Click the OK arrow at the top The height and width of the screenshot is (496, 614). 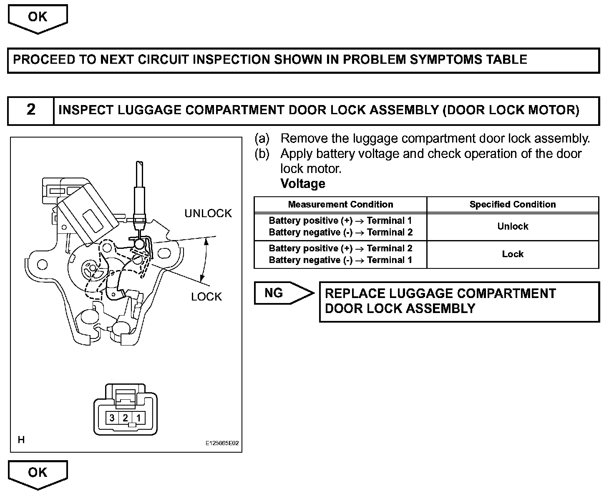pyautogui.click(x=38, y=18)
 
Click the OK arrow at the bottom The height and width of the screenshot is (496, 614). pyautogui.click(x=38, y=473)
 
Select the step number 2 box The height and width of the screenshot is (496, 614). pyautogui.click(x=31, y=110)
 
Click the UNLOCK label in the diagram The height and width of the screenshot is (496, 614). pyautogui.click(x=208, y=213)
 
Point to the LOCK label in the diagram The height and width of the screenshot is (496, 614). pyautogui.click(x=206, y=297)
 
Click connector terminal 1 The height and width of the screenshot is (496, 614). pyautogui.click(x=138, y=418)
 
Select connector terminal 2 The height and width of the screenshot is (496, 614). pyautogui.click(x=125, y=418)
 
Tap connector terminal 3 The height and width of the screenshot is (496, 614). pyautogui.click(x=112, y=418)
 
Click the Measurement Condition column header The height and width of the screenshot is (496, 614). pyautogui.click(x=340, y=205)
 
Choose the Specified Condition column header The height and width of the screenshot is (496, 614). pyautogui.click(x=513, y=205)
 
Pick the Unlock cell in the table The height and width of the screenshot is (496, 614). pyautogui.click(x=513, y=226)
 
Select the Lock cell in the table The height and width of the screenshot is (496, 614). pyautogui.click(x=513, y=254)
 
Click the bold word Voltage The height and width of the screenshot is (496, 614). pyautogui.click(x=303, y=183)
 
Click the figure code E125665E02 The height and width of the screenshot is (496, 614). pyautogui.click(x=222, y=444)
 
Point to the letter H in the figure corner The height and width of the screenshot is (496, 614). pyautogui.click(x=21, y=440)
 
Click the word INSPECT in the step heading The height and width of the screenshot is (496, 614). pyautogui.click(x=86, y=110)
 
